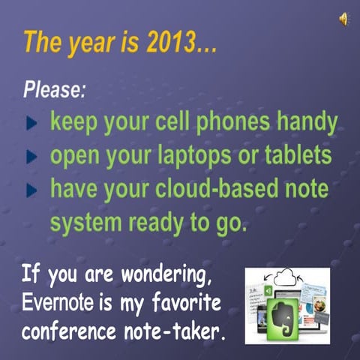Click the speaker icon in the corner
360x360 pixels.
(343, 19)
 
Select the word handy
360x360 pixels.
(308, 123)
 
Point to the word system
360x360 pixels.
(84, 223)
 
